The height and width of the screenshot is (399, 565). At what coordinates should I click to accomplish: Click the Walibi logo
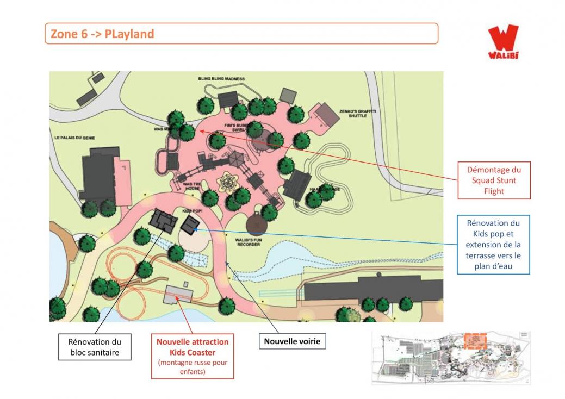[502, 42]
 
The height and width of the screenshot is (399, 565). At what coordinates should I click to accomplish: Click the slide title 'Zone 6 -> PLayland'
[103, 34]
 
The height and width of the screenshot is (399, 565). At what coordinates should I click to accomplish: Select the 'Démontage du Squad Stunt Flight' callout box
[493, 180]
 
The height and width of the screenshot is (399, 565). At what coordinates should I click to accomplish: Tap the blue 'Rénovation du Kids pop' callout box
[493, 245]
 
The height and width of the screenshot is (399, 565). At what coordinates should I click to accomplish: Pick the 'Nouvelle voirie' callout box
[293, 341]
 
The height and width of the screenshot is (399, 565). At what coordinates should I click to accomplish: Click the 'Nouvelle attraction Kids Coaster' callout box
[193, 356]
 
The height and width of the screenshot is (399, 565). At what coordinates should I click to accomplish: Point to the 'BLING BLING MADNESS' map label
[221, 79]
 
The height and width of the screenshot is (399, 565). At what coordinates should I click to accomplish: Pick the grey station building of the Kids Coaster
[178, 294]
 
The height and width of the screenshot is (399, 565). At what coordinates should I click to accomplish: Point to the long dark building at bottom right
[373, 288]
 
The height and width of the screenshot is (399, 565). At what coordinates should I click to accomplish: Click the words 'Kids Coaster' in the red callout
[193, 352]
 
